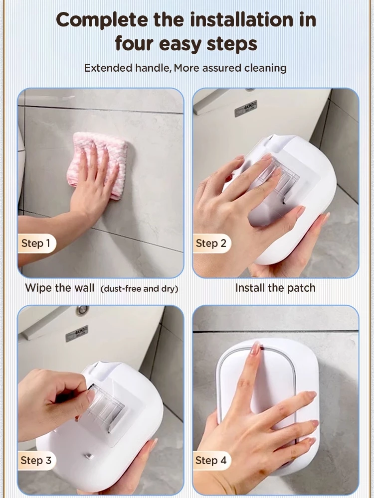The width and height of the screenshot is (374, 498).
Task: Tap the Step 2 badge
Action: (x=211, y=244)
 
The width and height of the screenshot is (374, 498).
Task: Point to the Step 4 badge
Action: (x=211, y=461)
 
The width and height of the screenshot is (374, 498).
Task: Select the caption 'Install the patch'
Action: (x=275, y=288)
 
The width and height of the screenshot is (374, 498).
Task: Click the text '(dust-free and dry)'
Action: (x=139, y=289)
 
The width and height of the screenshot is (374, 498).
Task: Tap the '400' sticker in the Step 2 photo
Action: (x=245, y=109)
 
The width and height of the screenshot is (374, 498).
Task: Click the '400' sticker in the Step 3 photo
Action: (x=77, y=334)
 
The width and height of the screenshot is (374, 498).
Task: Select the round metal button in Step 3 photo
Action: (x=82, y=310)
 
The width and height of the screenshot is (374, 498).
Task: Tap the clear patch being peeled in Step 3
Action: (x=105, y=406)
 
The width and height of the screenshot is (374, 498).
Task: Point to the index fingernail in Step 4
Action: (x=255, y=349)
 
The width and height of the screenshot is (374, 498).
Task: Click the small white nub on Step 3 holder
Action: (x=89, y=456)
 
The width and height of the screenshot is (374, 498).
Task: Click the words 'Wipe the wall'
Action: (x=60, y=288)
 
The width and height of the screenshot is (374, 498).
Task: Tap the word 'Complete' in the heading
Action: (x=102, y=20)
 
